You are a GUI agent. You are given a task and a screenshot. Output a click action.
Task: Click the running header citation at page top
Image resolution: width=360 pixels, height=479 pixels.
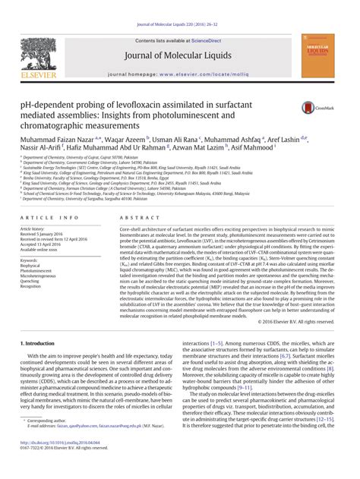[x=179, y=5]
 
